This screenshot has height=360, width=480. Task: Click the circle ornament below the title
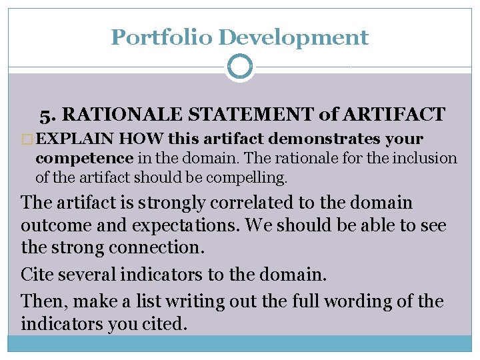tap(240, 67)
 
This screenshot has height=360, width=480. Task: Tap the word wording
tap(359, 301)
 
